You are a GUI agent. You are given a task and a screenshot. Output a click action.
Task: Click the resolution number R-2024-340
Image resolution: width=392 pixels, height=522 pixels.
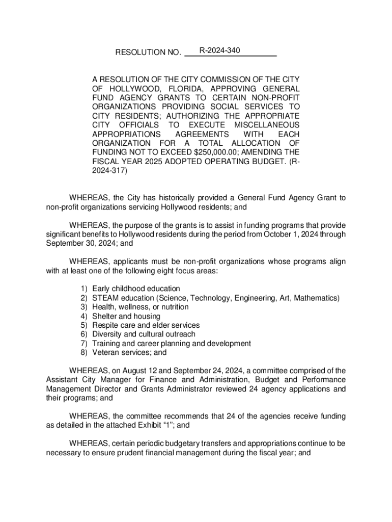[219, 50]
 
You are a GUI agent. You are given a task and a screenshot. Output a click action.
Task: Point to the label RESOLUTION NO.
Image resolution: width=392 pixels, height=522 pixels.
[148, 53]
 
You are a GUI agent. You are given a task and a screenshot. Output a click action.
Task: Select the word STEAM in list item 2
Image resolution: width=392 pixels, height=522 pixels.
[103, 298]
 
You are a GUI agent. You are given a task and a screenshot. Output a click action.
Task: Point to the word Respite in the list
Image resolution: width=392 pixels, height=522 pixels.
[105, 325]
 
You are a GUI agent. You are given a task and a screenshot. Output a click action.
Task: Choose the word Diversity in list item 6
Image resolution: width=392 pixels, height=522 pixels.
[107, 334]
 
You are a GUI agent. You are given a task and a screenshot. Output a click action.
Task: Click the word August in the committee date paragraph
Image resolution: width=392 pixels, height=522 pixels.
[135, 371]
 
